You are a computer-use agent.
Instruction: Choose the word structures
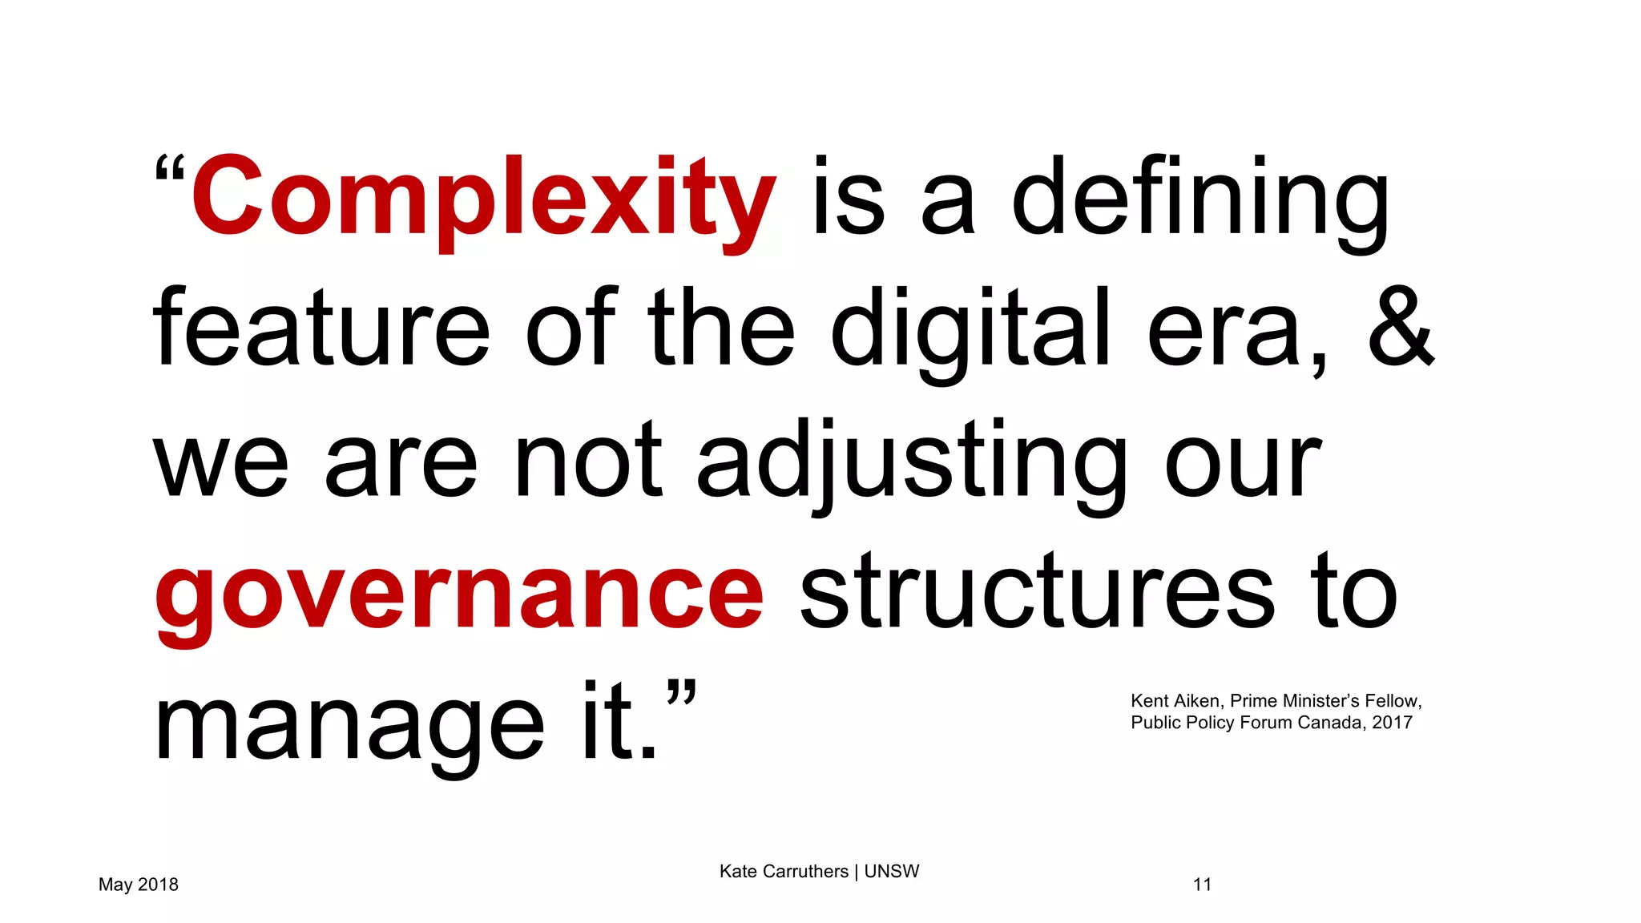(x=1037, y=594)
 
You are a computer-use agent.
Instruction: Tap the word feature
(x=321, y=328)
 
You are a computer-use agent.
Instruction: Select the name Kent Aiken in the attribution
(x=1175, y=701)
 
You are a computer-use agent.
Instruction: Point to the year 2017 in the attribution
(x=1392, y=723)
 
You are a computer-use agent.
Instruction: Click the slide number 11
(x=1202, y=885)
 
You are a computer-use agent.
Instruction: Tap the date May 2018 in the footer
(x=139, y=885)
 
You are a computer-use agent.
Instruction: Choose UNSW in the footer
(x=891, y=872)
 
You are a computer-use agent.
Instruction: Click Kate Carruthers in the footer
(x=783, y=872)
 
